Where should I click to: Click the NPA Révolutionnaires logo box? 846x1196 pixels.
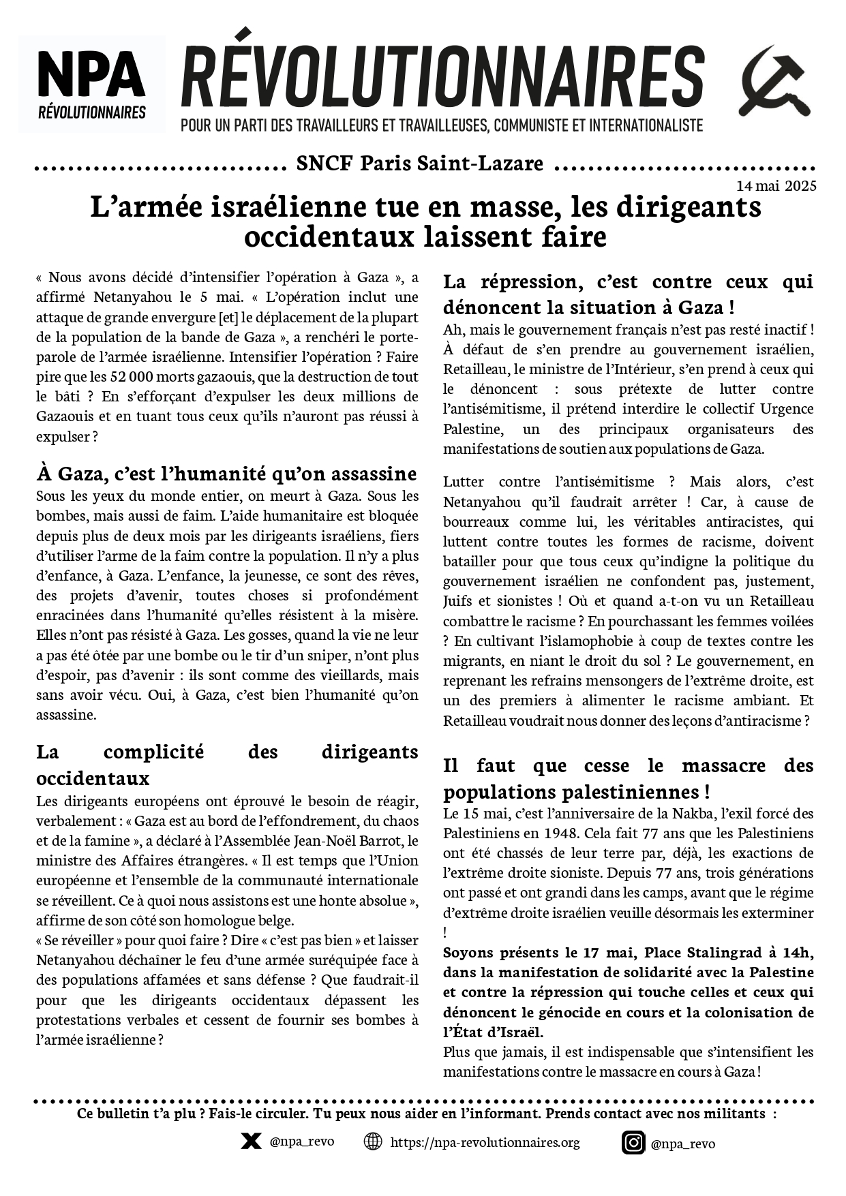click(92, 84)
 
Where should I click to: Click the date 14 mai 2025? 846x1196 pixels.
click(776, 186)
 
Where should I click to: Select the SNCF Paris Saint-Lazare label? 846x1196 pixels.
click(420, 164)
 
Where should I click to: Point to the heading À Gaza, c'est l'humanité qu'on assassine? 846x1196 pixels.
click(226, 474)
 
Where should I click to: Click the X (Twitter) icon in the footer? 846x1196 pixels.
click(251, 1141)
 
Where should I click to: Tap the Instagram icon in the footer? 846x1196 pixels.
click(633, 1142)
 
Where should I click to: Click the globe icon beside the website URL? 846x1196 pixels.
click(373, 1141)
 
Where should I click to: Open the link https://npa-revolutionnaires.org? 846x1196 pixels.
click(485, 1142)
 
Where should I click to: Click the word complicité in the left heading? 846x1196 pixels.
click(153, 752)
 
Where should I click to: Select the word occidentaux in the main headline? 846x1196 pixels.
click(327, 237)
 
